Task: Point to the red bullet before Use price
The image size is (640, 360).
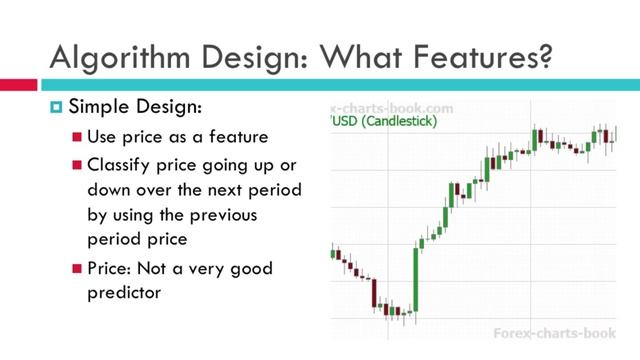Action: pos(77,136)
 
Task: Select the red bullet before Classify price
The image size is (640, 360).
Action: pos(77,163)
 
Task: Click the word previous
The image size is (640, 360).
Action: pos(226,215)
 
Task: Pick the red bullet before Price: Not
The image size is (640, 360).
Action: pos(77,270)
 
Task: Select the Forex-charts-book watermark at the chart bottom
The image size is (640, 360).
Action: pos(560,331)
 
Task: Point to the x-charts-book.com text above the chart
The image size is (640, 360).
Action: pos(392,107)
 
